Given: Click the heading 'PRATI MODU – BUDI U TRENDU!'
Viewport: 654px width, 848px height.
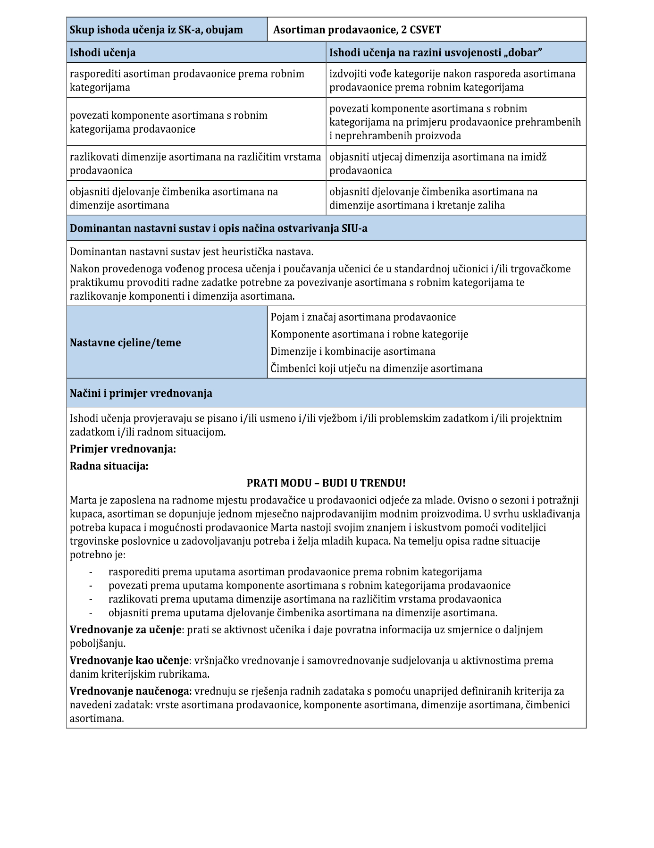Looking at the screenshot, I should click(x=326, y=483).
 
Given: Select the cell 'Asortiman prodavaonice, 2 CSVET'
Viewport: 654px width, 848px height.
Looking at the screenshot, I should click(x=357, y=30).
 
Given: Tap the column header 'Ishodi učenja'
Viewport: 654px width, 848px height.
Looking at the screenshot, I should click(x=103, y=52).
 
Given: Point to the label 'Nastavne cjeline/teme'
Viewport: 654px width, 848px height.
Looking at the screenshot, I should click(x=126, y=343).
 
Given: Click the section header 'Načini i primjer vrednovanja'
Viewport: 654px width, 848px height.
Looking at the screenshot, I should click(x=141, y=393).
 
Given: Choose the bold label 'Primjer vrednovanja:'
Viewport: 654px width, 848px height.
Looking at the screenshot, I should click(x=123, y=449).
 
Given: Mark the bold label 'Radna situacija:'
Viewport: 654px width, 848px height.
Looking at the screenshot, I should click(x=109, y=466).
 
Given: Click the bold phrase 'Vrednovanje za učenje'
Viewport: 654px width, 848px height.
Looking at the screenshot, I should click(x=126, y=630).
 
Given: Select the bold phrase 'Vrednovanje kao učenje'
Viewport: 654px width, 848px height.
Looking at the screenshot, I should click(x=129, y=660).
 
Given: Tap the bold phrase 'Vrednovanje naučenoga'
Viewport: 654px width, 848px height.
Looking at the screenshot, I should click(x=130, y=691).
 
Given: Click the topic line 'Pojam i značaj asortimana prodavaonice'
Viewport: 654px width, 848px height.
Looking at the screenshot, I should click(x=363, y=317).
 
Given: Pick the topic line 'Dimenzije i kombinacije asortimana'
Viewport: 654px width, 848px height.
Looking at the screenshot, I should click(x=353, y=351).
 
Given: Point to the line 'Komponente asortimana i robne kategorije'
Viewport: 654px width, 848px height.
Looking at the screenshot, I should click(x=369, y=334).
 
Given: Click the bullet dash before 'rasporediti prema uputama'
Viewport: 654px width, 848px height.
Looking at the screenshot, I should click(x=91, y=572).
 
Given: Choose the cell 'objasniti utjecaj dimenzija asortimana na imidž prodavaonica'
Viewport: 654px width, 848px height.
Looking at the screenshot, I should click(x=437, y=163).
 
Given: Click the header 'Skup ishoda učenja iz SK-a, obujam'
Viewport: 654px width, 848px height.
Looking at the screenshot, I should click(x=156, y=30).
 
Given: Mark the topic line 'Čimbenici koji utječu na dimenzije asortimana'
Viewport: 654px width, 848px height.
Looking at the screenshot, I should click(x=377, y=368).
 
